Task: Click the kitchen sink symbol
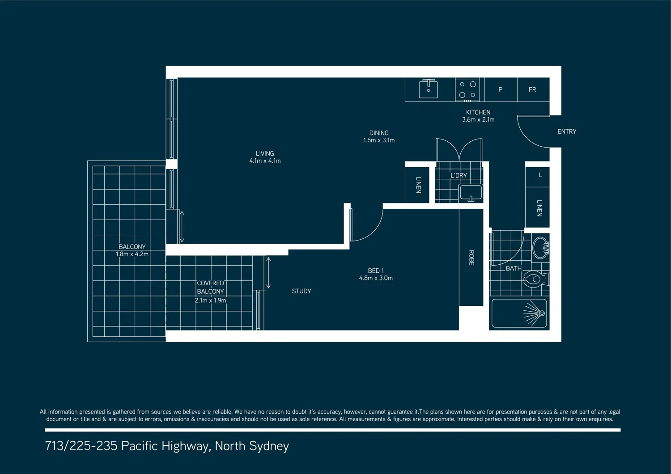pyautogui.click(x=428, y=89)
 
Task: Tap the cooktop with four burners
pyautogui.click(x=467, y=89)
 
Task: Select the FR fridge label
pyautogui.click(x=532, y=90)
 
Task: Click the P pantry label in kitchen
pyautogui.click(x=500, y=90)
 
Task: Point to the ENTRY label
pyautogui.click(x=567, y=131)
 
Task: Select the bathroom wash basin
pyautogui.click(x=540, y=247)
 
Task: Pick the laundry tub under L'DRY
pyautogui.click(x=471, y=193)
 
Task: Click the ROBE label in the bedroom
pyautogui.click(x=471, y=258)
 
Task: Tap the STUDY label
pyautogui.click(x=301, y=291)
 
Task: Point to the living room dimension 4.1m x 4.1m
pyautogui.click(x=265, y=161)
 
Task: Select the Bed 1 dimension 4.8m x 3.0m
pyautogui.click(x=376, y=278)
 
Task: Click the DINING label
pyautogui.click(x=379, y=133)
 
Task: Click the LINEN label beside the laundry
pyautogui.click(x=418, y=185)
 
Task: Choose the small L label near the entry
pyautogui.click(x=540, y=175)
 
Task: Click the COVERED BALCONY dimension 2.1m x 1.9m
pyautogui.click(x=210, y=300)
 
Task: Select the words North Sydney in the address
pyautogui.click(x=252, y=446)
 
